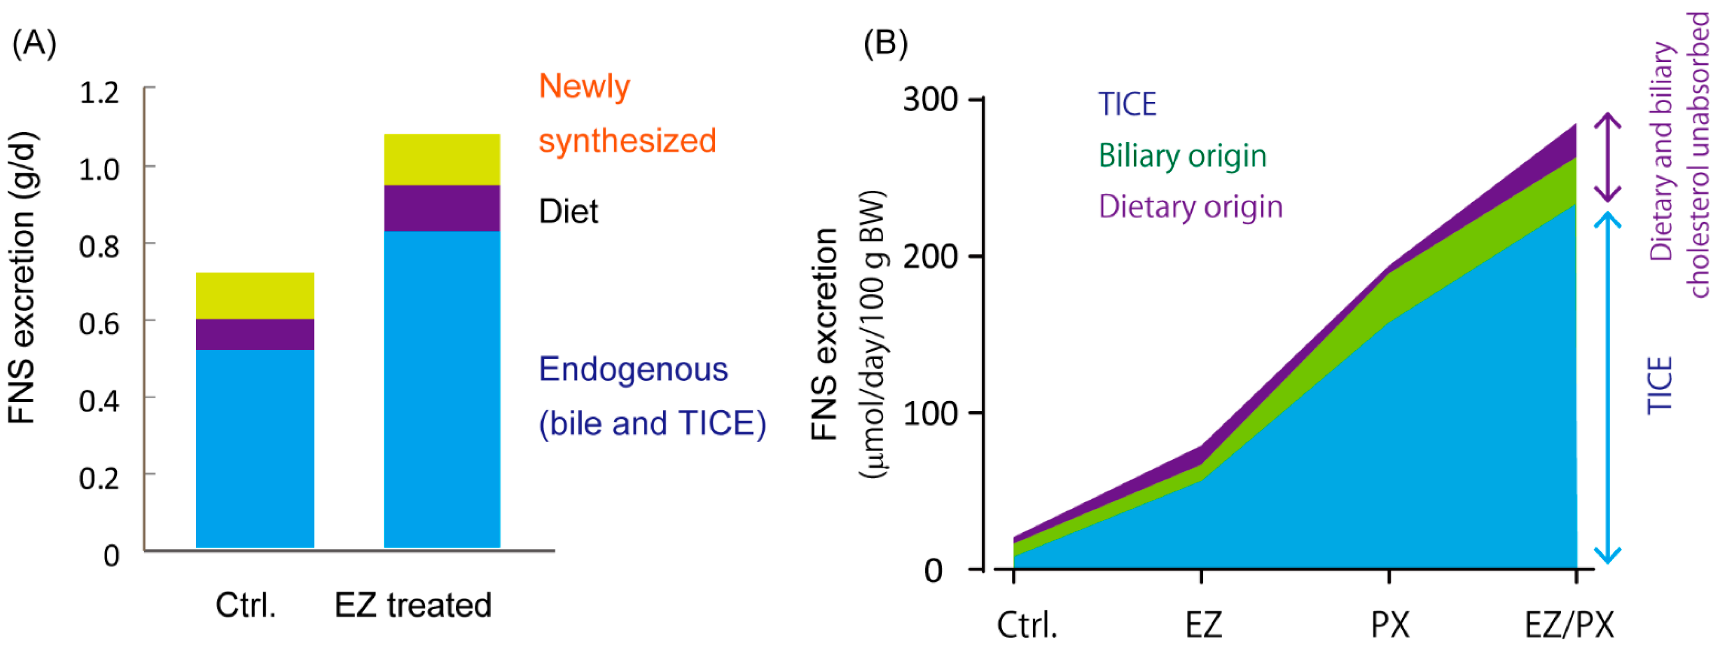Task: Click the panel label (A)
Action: tap(34, 44)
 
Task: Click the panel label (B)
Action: tap(885, 44)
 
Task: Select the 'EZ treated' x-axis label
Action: tap(413, 605)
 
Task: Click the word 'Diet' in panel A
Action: tap(568, 211)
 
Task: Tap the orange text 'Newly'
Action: tap(584, 87)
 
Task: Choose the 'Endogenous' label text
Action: tap(632, 369)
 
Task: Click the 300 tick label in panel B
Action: tap(930, 100)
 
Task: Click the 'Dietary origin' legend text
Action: tap(1190, 206)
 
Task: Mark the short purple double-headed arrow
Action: tap(1608, 158)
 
